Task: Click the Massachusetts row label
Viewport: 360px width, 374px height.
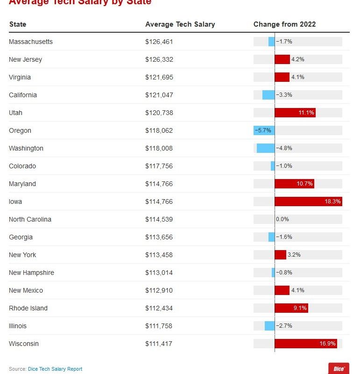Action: pos(31,42)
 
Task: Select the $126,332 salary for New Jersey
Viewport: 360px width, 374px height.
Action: pos(159,59)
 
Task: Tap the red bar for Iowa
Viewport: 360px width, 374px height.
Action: pos(308,201)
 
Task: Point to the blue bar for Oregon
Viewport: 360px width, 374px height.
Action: pos(264,130)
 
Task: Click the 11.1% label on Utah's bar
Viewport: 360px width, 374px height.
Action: pos(307,113)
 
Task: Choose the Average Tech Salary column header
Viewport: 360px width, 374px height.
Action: pos(180,24)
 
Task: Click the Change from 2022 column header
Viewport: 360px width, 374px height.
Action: pos(284,24)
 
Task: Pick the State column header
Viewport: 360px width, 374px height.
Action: pos(18,24)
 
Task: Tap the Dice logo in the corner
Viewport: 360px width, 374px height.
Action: pos(339,368)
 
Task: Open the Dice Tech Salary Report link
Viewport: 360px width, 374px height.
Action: pos(55,369)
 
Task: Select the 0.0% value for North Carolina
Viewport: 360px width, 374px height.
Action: pos(282,219)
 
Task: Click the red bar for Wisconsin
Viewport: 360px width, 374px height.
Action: pos(305,344)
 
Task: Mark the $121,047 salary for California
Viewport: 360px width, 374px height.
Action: pos(159,95)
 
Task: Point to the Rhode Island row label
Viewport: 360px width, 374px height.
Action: pos(28,308)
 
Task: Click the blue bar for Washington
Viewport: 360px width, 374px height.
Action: pos(266,148)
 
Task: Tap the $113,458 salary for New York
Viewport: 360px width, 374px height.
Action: pos(159,255)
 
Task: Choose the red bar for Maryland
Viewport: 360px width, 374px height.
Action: pos(294,184)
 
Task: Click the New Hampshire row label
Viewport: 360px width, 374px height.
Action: pos(31,273)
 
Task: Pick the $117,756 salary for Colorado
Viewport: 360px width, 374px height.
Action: pos(159,166)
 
